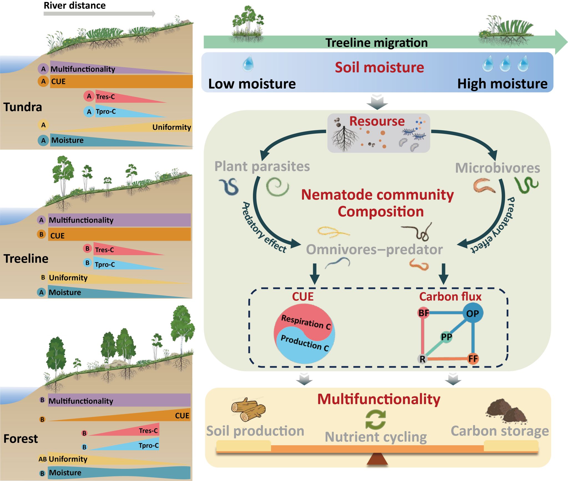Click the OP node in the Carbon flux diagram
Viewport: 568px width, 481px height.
pyautogui.click(x=473, y=313)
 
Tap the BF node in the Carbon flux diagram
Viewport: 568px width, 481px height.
pyautogui.click(x=424, y=313)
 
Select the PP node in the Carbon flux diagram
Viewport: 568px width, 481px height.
pyautogui.click(x=446, y=337)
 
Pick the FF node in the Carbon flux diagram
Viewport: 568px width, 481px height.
pyautogui.click(x=473, y=359)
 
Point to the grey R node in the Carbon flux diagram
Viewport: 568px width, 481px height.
pyautogui.click(x=422, y=359)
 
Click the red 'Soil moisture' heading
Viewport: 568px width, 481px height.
pyautogui.click(x=379, y=67)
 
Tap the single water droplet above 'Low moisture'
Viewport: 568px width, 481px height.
pyautogui.click(x=248, y=63)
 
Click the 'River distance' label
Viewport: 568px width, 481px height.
pyautogui.click(x=75, y=6)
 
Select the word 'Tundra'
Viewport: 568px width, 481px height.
pyautogui.click(x=22, y=107)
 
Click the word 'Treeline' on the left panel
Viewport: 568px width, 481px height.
pyautogui.click(x=26, y=258)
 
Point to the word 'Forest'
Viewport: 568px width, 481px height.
pyautogui.click(x=21, y=439)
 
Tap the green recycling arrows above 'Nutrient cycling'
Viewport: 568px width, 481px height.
pyautogui.click(x=375, y=419)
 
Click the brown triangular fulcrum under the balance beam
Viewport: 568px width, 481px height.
pyautogui.click(x=377, y=459)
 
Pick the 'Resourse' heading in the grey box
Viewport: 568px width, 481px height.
pyautogui.click(x=377, y=121)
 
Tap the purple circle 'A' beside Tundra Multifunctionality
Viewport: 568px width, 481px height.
pyautogui.click(x=43, y=69)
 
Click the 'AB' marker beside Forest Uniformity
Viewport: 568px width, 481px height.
pyautogui.click(x=42, y=459)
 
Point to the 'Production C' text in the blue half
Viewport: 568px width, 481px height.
pyautogui.click(x=305, y=343)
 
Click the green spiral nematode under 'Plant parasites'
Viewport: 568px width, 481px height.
pyautogui.click(x=277, y=187)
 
